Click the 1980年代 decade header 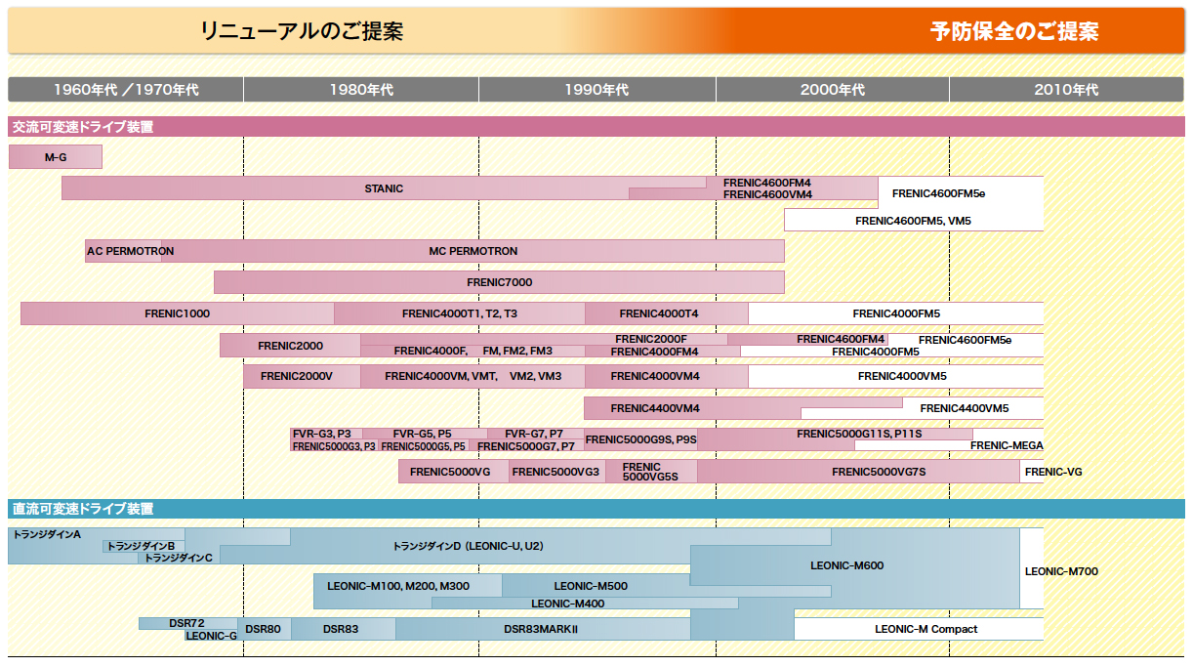tap(361, 90)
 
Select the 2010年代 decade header tap(1066, 90)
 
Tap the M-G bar tap(56, 157)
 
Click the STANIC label tap(384, 188)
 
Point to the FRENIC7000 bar tap(499, 282)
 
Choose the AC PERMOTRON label tap(131, 251)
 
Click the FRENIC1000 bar tap(178, 313)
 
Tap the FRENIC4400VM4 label tap(654, 408)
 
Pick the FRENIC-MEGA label tap(1007, 445)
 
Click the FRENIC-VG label tap(1053, 472)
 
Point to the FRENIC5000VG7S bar tap(858, 472)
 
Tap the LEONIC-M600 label tap(846, 565)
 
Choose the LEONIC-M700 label tap(1061, 571)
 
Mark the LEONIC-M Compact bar tap(919, 629)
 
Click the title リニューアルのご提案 tap(302, 31)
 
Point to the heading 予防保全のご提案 tap(1014, 31)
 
